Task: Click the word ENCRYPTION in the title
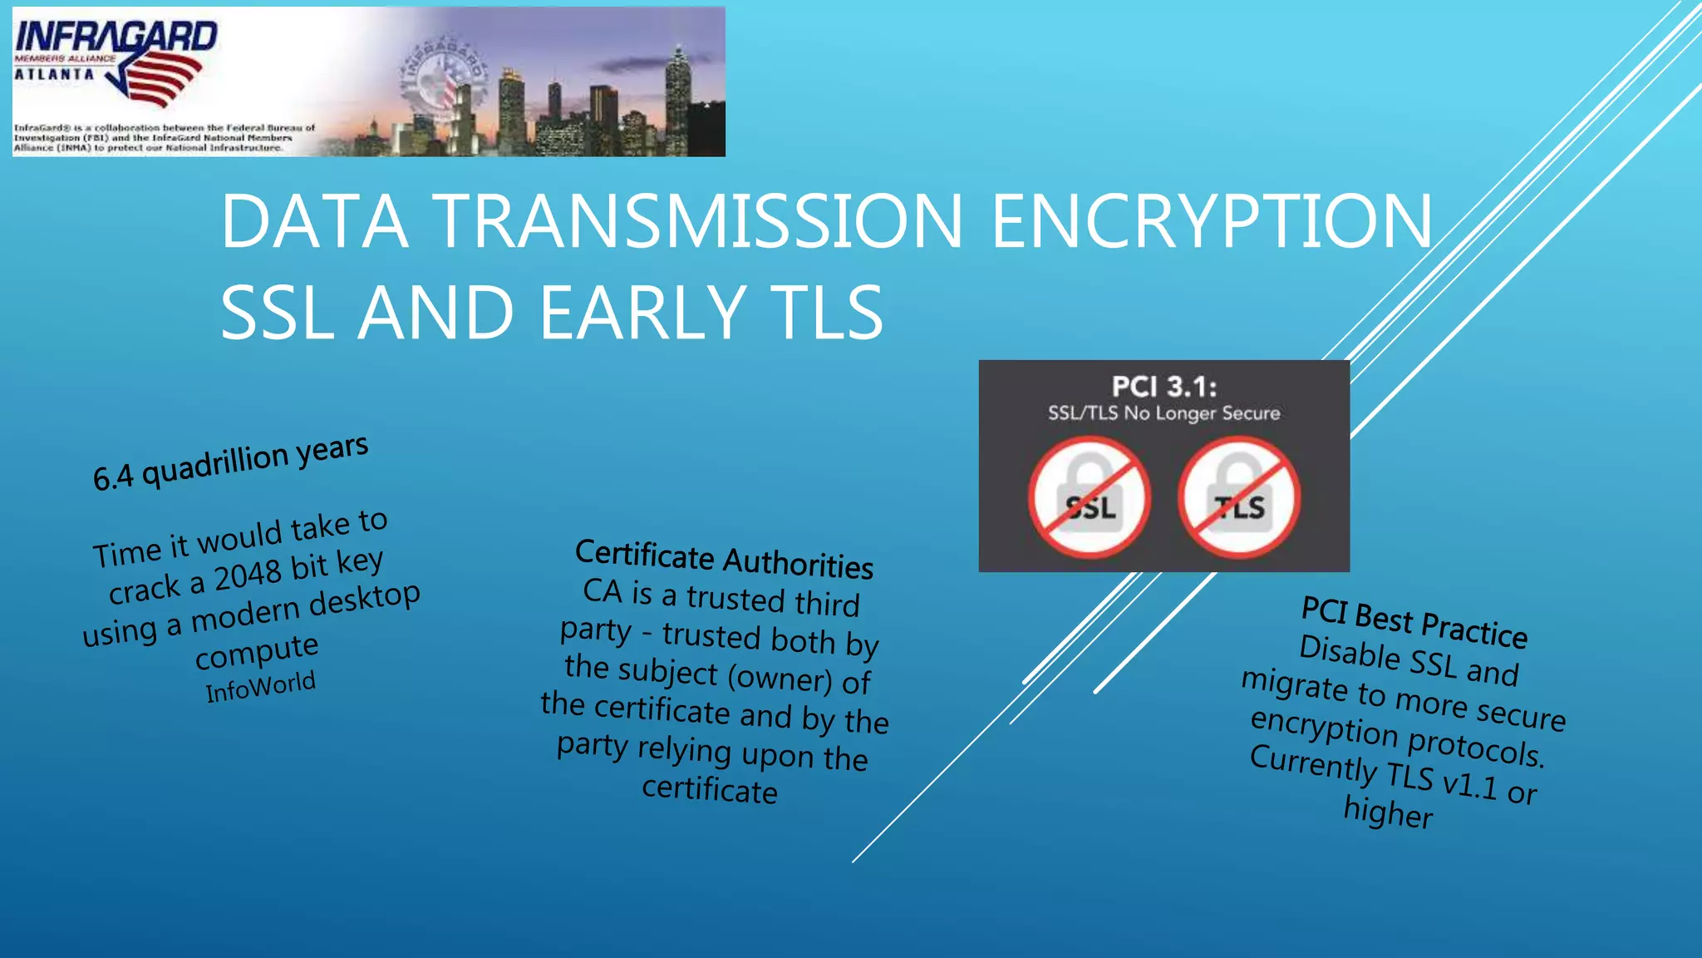(1212, 221)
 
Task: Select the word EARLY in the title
(642, 313)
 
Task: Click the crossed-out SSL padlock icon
(1090, 498)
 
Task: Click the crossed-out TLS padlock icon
(1239, 498)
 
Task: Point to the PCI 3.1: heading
(1163, 387)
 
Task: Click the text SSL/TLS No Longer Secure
(1163, 413)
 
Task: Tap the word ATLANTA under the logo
(54, 74)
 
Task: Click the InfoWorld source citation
(260, 687)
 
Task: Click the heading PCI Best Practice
(1414, 622)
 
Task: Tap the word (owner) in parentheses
(780, 677)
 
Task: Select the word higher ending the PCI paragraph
(1388, 812)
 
